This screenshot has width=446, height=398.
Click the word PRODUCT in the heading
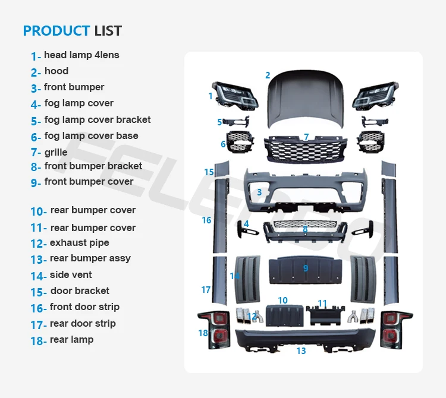56,31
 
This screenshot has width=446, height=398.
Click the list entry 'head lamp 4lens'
81,55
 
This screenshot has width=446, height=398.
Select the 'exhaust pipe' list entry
79,243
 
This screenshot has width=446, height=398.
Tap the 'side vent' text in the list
71,275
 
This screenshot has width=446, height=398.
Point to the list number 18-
38,341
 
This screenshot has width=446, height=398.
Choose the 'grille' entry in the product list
56,153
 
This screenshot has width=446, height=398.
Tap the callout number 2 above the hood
268,75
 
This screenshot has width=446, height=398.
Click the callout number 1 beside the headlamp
211,96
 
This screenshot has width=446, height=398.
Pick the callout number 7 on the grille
306,137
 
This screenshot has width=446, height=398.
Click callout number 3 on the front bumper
259,192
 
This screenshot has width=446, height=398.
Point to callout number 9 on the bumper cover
306,269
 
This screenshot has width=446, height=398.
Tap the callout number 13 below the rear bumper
301,351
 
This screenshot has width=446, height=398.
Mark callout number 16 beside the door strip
206,220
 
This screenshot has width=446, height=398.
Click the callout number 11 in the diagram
322,304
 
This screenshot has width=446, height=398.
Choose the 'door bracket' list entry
80,291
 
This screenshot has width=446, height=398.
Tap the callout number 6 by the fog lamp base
223,144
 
